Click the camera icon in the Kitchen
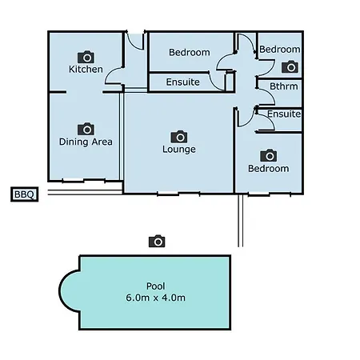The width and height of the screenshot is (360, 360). (x=86, y=57)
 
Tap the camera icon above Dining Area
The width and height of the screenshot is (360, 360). (x=86, y=129)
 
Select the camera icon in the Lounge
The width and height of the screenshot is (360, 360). (x=179, y=137)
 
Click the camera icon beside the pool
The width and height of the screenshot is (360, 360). (x=157, y=241)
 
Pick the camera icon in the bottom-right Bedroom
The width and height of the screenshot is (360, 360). (x=269, y=155)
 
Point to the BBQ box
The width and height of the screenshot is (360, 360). (x=24, y=194)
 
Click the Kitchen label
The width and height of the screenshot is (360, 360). (x=86, y=70)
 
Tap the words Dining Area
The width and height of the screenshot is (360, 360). (x=86, y=142)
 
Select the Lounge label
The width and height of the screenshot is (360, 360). (x=179, y=149)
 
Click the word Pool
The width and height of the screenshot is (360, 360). (x=156, y=286)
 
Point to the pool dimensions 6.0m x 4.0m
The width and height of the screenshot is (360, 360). (x=156, y=298)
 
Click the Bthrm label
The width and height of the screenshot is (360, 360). (x=284, y=86)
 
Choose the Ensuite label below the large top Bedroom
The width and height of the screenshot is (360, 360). (x=183, y=82)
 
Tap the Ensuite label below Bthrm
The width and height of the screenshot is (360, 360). (x=284, y=114)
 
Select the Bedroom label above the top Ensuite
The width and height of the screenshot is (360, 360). (x=190, y=52)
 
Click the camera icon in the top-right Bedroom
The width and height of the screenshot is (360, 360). (x=290, y=66)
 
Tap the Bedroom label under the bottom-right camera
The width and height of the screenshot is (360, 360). (x=269, y=169)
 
